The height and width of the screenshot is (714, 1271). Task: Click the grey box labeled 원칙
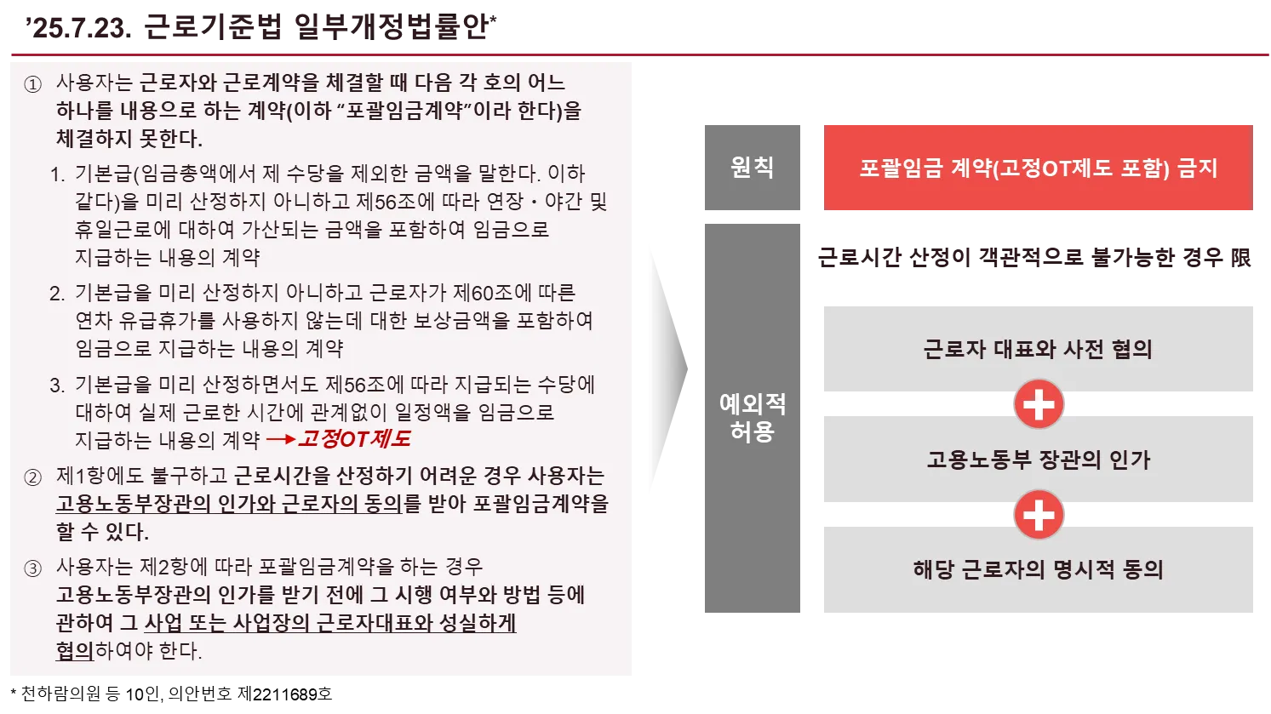click(752, 167)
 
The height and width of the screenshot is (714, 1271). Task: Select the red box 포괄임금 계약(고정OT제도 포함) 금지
click(1038, 168)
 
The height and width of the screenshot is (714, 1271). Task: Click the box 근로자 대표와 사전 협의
click(1038, 350)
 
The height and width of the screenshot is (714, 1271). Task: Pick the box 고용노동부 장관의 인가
click(1038, 460)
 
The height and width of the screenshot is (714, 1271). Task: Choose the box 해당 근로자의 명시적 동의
click(1038, 568)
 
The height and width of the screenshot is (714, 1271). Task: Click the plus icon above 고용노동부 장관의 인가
click(1039, 405)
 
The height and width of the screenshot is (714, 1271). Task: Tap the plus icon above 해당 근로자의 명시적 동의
click(1039, 515)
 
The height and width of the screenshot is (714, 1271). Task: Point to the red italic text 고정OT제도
click(354, 439)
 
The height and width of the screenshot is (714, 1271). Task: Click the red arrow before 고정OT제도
click(280, 440)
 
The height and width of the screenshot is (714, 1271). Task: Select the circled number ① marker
click(32, 84)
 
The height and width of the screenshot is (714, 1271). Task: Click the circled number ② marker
click(32, 477)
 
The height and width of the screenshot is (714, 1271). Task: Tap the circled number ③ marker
click(32, 568)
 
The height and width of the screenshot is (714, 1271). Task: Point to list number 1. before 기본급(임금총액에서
click(57, 175)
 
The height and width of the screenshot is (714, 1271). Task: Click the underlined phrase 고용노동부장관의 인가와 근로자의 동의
click(229, 504)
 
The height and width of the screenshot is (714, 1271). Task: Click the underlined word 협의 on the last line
click(75, 651)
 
